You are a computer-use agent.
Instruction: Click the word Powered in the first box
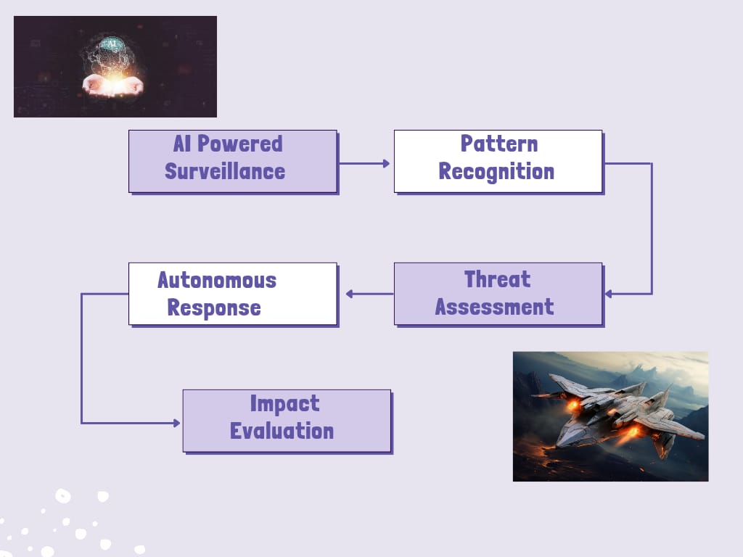tap(239, 144)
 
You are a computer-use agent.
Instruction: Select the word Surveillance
tap(225, 171)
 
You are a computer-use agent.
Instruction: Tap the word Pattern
tap(499, 144)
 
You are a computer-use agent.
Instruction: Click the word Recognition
tap(496, 172)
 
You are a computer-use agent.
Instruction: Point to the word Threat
tap(497, 279)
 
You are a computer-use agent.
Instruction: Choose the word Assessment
tap(495, 307)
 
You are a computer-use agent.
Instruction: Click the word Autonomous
tap(217, 281)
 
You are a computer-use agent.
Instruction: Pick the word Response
tap(214, 308)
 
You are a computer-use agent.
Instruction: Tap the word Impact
tap(284, 404)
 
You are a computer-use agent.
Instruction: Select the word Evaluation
tap(282, 431)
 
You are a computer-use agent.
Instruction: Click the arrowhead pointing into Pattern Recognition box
tap(386, 163)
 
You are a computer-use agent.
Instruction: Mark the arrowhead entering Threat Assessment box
tap(609, 294)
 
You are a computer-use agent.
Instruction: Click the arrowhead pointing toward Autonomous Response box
tap(349, 294)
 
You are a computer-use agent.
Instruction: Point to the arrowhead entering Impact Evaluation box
tap(177, 423)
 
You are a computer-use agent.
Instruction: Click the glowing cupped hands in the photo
tap(112, 86)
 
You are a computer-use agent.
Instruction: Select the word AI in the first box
tap(182, 144)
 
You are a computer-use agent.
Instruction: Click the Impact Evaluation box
tap(287, 421)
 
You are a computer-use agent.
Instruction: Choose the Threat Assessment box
tap(498, 294)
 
